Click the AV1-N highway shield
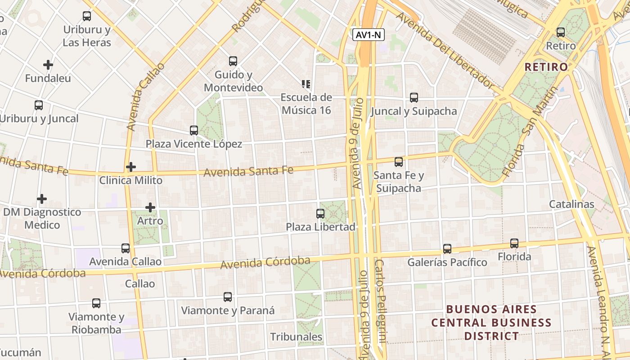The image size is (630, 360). point(368,35)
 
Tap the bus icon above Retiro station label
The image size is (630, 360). point(561,32)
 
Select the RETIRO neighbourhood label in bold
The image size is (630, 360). point(546,67)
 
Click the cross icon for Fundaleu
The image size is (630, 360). point(48,65)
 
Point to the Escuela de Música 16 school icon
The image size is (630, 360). point(306,84)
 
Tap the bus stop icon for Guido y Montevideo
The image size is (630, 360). point(233,61)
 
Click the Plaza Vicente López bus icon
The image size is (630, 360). point(194,130)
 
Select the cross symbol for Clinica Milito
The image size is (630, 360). point(131,167)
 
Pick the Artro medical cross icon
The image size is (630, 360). point(150,207)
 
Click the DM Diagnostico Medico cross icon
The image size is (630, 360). point(42,198)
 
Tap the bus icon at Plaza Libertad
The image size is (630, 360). point(320,213)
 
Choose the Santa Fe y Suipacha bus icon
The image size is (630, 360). point(399,162)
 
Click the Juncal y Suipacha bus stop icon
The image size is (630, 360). point(414,97)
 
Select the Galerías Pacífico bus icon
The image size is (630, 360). point(447,248)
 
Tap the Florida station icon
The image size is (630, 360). point(514,243)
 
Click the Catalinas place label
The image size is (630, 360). point(571,204)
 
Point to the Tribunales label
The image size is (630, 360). point(296,337)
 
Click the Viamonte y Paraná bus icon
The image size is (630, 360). point(228,297)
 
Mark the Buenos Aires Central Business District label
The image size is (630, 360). point(491,322)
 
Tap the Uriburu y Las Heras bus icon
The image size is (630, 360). point(87,16)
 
